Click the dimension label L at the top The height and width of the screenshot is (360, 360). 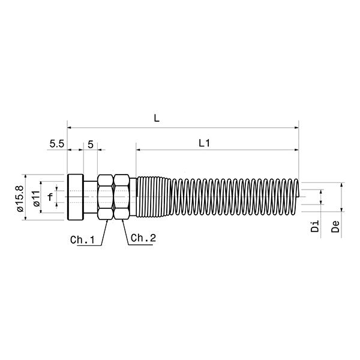click(156, 119)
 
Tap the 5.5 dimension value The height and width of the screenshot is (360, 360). click(56, 144)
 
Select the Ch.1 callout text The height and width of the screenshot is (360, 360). click(83, 240)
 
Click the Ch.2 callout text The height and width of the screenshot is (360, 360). click(143, 238)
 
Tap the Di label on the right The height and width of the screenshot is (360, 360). click(314, 226)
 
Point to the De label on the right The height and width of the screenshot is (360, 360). click(335, 226)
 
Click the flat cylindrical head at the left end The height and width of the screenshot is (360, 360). click(75, 197)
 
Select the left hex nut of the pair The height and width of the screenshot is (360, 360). click(106, 197)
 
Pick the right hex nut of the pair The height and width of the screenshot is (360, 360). click(121, 197)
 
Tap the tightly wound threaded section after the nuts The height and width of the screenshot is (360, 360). click(153, 197)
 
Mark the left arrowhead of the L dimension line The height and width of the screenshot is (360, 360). click(70, 127)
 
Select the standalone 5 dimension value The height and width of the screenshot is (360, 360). click(90, 144)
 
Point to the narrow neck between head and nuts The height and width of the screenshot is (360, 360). click(90, 197)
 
